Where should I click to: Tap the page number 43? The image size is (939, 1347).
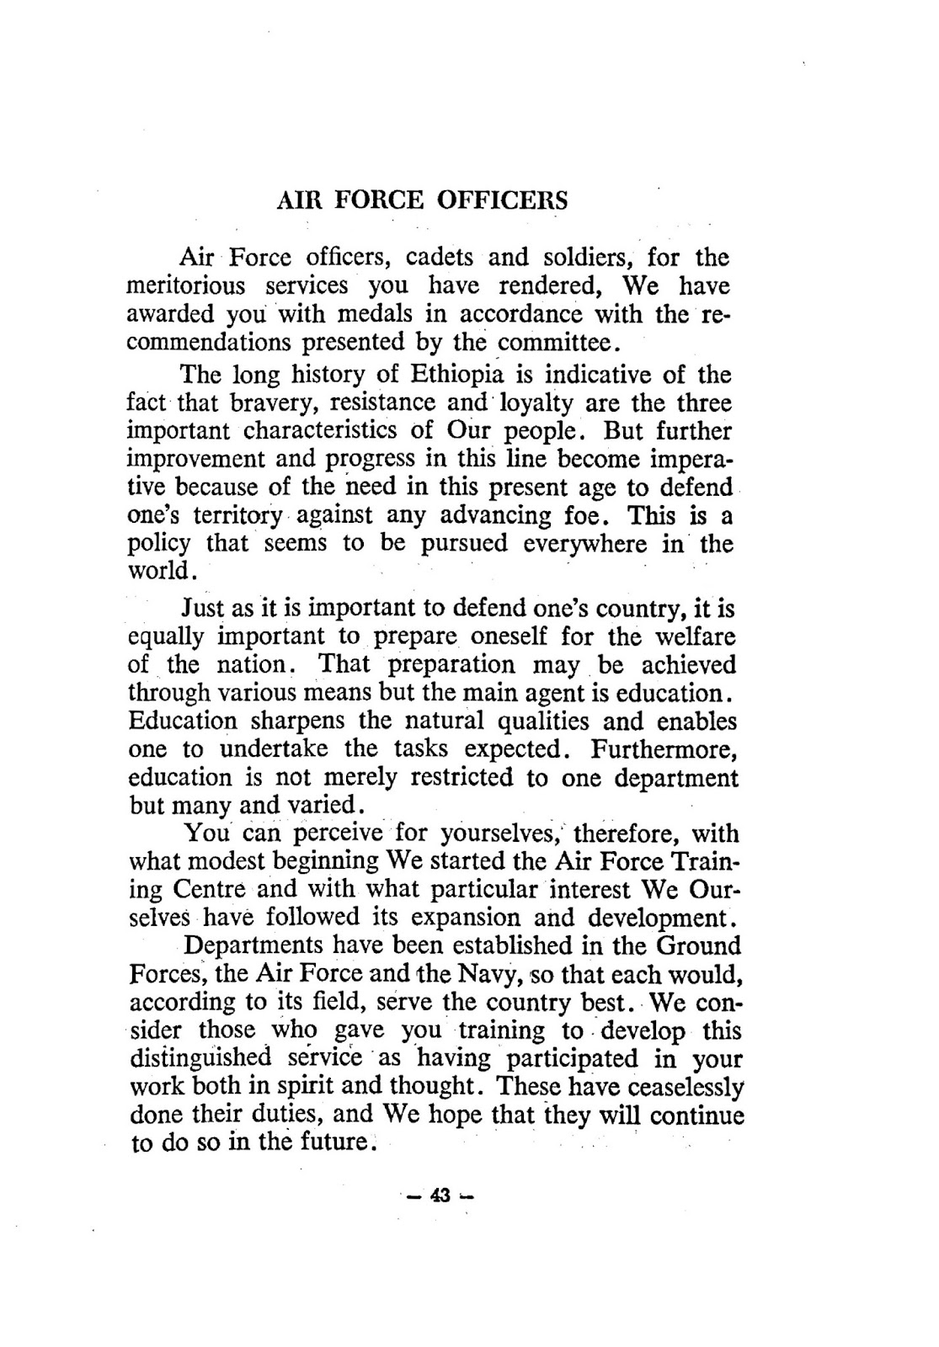(440, 1195)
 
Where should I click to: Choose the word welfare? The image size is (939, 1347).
(696, 636)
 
